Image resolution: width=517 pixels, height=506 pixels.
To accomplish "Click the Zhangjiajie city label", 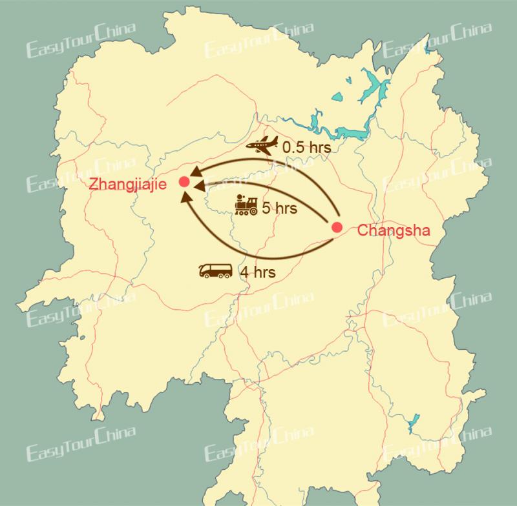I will pos(129,183).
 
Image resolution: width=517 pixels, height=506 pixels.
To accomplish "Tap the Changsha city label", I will pos(392,230).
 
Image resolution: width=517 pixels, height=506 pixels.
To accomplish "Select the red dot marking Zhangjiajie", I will pos(184,181).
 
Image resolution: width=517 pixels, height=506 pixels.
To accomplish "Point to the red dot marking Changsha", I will pos(336,227).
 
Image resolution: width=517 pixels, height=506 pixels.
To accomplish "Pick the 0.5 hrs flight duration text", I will pos(307,148).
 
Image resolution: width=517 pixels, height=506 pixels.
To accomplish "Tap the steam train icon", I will pos(246,205).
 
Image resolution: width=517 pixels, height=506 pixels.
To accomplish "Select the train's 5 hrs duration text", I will pos(279,208).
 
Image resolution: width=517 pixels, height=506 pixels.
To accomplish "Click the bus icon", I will pos(216,270).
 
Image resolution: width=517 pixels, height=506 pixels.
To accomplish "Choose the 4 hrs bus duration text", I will pos(258,272).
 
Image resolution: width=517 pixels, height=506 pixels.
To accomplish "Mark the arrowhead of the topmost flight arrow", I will pos(196,172).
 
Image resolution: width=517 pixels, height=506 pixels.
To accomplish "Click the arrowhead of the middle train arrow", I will pos(199,186).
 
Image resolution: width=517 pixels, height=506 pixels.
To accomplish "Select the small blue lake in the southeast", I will pos(412,426).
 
